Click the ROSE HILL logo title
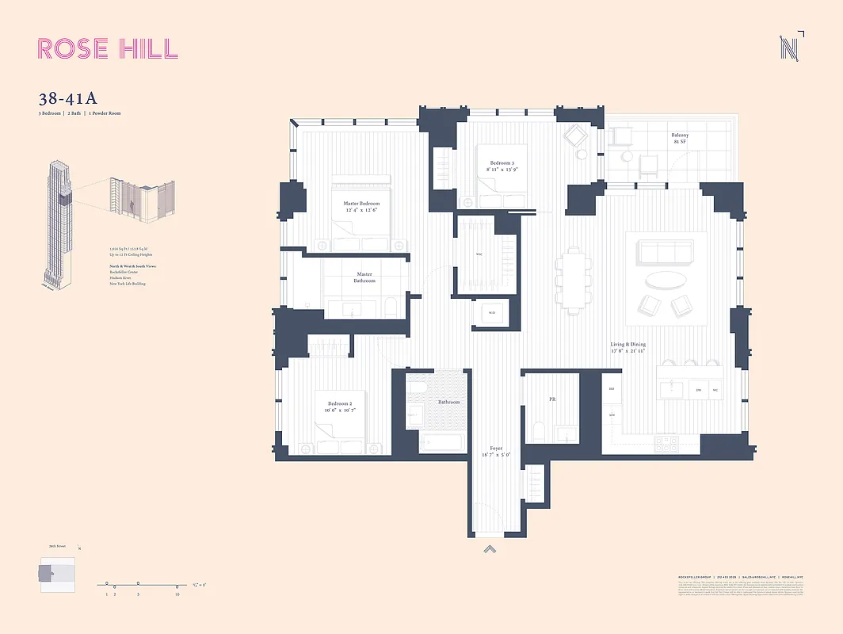[x=108, y=48]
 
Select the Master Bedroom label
[x=361, y=207]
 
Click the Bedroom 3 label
[x=501, y=166]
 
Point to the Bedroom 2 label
[x=340, y=407]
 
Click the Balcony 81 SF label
[x=680, y=139]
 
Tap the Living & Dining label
[x=627, y=348]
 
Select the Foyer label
[x=496, y=452]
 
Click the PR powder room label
[x=552, y=399]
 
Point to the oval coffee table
[x=666, y=281]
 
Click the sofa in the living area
[x=666, y=253]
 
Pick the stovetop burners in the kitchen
[x=669, y=444]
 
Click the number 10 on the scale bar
[x=176, y=594]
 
